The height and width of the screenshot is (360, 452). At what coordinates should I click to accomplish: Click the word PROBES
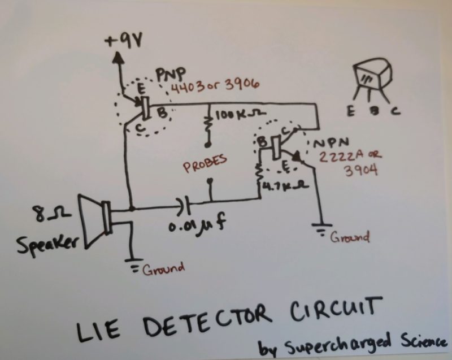pos(205,161)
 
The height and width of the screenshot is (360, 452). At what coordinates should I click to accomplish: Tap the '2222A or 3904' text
pos(337,164)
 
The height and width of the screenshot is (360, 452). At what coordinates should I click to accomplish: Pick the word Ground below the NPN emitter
pos(350,237)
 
